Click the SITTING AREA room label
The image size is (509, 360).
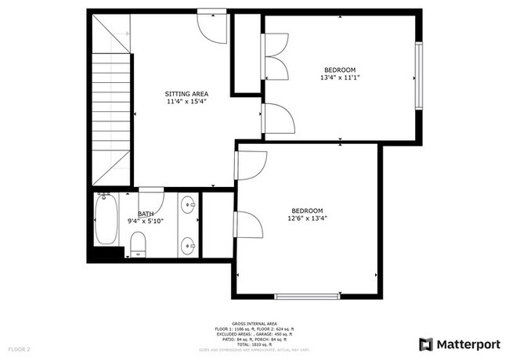pyautogui.click(x=186, y=93)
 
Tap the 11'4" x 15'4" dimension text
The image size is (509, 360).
pyautogui.click(x=186, y=102)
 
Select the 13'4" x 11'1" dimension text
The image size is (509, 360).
pyautogui.click(x=340, y=77)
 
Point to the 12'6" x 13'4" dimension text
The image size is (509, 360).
pyautogui.click(x=307, y=219)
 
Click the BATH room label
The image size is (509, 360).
pyautogui.click(x=146, y=214)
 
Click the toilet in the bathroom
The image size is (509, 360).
pyautogui.click(x=136, y=244)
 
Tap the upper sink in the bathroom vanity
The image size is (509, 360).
pyautogui.click(x=189, y=207)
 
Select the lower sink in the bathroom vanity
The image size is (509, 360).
pyautogui.click(x=189, y=246)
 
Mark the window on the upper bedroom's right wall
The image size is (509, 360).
pyautogui.click(x=418, y=77)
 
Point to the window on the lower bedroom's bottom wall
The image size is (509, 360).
pyautogui.click(x=307, y=297)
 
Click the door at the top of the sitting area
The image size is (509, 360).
pyautogui.click(x=211, y=23)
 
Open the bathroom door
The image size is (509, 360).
pyautogui.click(x=150, y=196)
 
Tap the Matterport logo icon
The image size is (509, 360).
pyautogui.click(x=426, y=344)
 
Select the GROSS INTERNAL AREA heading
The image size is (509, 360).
pyautogui.click(x=254, y=322)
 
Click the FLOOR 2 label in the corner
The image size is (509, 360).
pyautogui.click(x=19, y=348)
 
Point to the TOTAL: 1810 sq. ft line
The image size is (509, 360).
pyautogui.click(x=254, y=344)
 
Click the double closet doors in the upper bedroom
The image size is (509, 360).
pyautogui.click(x=276, y=56)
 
